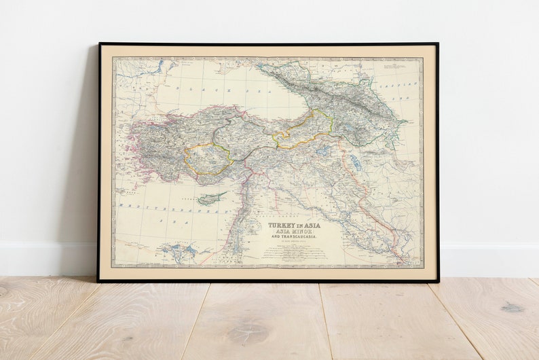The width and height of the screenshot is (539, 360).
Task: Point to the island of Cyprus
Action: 212,198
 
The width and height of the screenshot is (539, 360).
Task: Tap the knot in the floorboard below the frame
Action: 248,334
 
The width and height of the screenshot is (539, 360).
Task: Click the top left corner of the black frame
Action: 99,44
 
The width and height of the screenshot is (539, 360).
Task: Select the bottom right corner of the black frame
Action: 438,281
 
